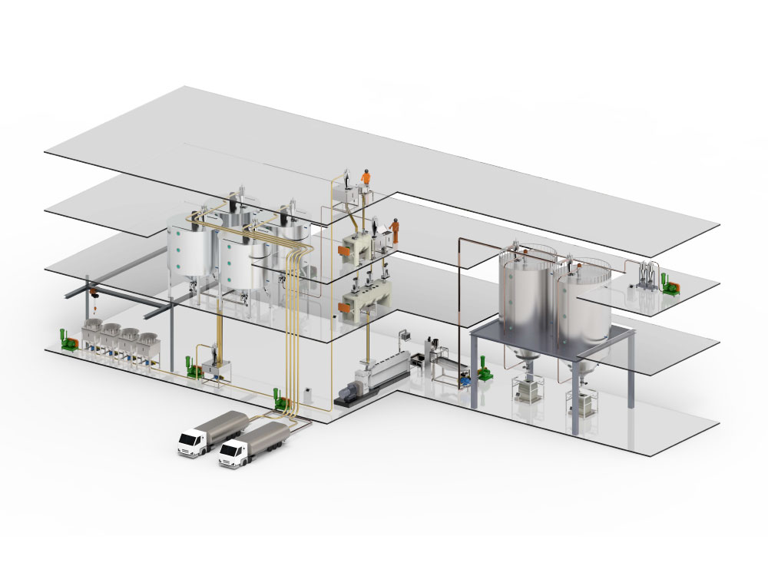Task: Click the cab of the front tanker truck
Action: coord(233,456)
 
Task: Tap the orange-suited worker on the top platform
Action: coord(366,179)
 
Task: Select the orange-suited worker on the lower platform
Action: coord(396,229)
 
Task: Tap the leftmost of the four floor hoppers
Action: coord(94,339)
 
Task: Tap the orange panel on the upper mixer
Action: coord(347,251)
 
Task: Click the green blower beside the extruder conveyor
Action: coord(485,371)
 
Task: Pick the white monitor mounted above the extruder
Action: coord(402,335)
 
